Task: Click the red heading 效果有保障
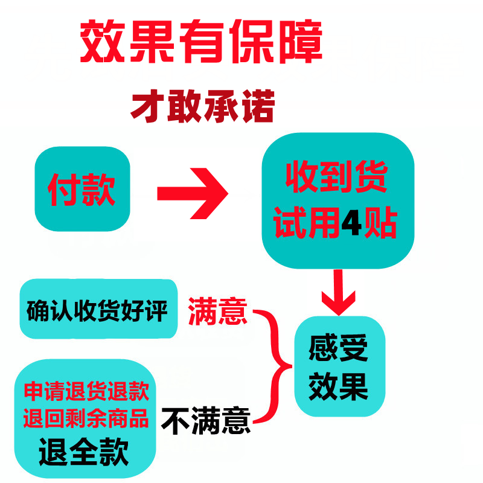point(200,43)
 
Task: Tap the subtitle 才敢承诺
point(203,107)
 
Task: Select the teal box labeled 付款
point(82,188)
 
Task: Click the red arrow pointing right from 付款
point(193,194)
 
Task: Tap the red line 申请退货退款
point(86,392)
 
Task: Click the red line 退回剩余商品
point(86,418)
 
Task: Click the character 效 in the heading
point(101,43)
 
